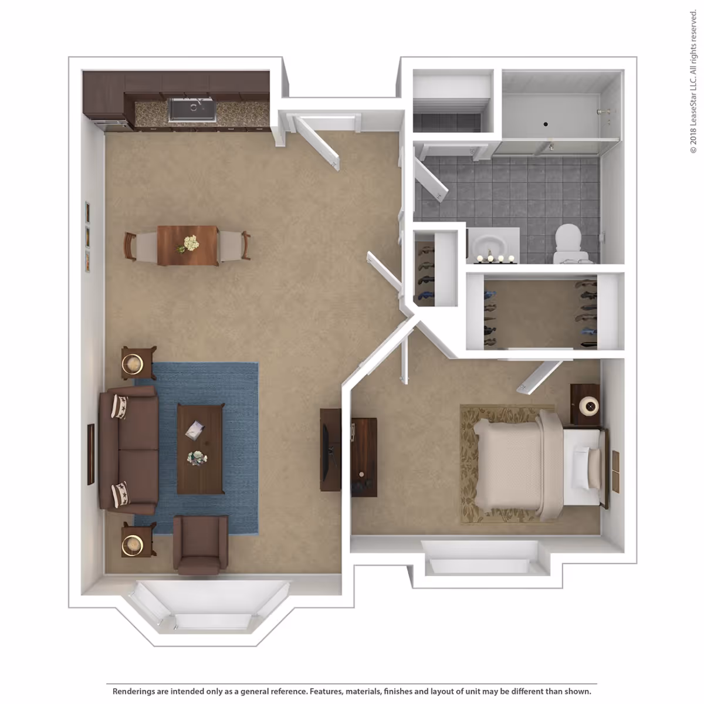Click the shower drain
pyautogui.click(x=546, y=124)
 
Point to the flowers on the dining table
pyautogui.click(x=189, y=243)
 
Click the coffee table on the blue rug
pyautogui.click(x=200, y=448)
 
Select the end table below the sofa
pyautogui.click(x=138, y=539)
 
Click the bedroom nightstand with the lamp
pyautogui.click(x=585, y=404)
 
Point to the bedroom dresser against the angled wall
pyautogui.click(x=364, y=456)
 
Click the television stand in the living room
pyautogui.click(x=330, y=449)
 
